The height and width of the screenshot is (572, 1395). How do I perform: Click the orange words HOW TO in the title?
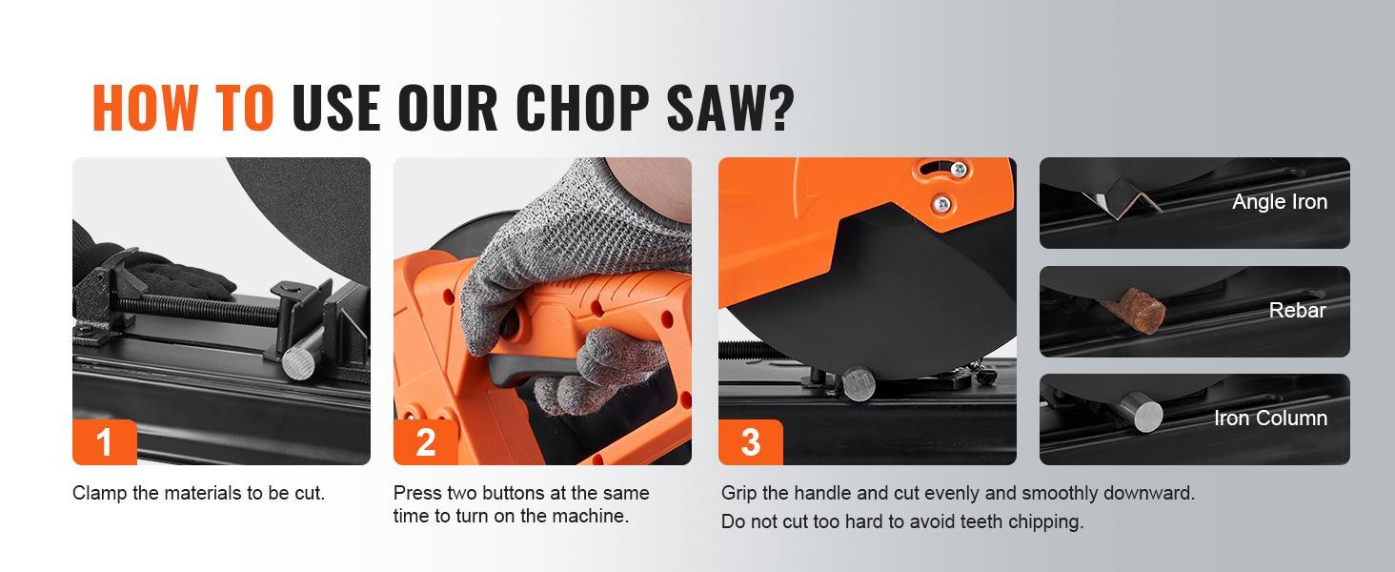point(183,107)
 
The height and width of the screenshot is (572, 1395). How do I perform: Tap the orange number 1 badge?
point(104,442)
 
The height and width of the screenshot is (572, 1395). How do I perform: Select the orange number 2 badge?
point(425,442)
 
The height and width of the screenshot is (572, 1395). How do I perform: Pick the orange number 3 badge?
point(750,442)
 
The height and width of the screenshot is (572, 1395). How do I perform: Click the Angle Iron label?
point(1279,201)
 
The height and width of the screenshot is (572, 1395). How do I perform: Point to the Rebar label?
point(1297,310)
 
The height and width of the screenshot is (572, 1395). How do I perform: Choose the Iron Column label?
point(1270,418)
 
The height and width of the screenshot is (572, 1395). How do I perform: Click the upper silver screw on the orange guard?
point(959,171)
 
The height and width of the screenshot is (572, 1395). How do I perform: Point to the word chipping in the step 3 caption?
point(1047,521)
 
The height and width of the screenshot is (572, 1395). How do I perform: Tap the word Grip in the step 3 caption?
point(739,493)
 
